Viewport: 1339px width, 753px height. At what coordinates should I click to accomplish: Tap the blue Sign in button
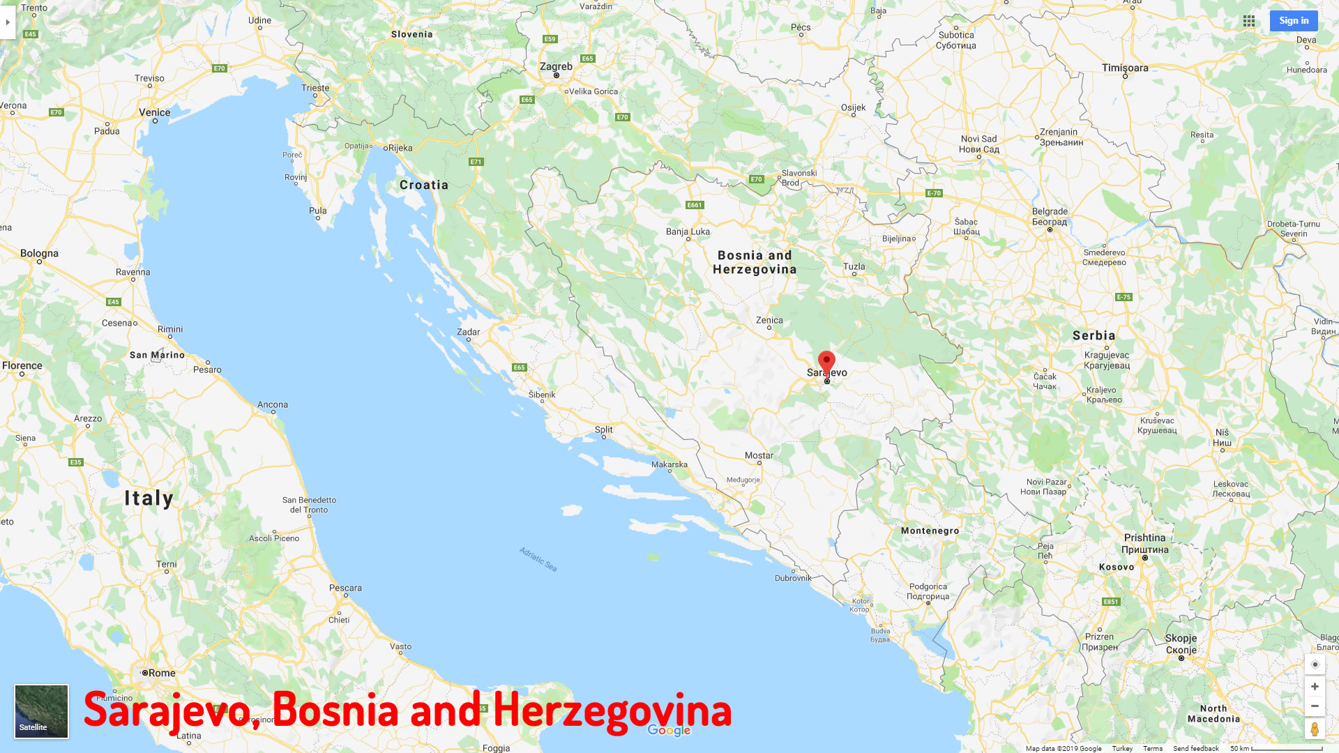coord(1294,21)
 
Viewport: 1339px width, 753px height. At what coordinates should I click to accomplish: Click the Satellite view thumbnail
coord(41,711)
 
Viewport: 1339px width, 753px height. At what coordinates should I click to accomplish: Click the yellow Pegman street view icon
coord(1315,729)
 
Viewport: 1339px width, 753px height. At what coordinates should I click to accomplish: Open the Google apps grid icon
coord(1249,21)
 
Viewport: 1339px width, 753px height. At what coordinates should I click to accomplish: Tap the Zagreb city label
coord(556,67)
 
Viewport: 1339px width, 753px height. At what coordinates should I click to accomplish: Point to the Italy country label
coord(149,499)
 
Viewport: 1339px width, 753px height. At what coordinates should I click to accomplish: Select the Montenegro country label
coord(930,531)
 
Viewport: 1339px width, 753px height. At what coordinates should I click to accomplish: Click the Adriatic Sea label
coord(538,559)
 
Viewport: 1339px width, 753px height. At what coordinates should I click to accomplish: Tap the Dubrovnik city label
coord(793,578)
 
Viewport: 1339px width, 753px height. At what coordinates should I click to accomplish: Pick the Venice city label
coord(154,112)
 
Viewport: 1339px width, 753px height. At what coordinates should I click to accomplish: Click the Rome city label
coord(161,673)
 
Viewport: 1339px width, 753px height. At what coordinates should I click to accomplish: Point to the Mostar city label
coord(759,455)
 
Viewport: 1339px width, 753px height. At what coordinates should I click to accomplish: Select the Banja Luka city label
coord(688,231)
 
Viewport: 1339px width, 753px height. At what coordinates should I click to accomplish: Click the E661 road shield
coord(695,205)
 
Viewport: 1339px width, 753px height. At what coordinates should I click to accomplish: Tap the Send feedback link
coord(1195,748)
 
